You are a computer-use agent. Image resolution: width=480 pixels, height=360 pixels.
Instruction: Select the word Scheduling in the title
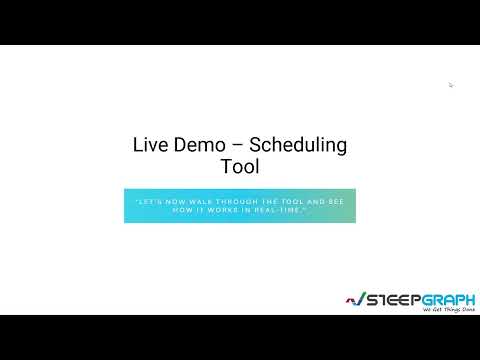(299, 145)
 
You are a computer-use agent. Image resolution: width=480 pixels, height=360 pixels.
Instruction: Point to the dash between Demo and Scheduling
(237, 146)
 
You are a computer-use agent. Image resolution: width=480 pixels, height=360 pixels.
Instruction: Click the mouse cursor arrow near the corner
(451, 85)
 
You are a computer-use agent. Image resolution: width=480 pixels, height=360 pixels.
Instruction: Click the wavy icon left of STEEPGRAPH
(352, 299)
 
